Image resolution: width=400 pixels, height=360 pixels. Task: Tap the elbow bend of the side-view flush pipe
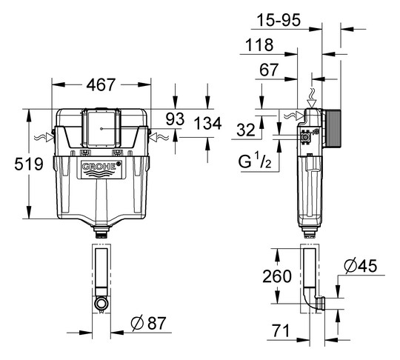pyautogui.click(x=312, y=299)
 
